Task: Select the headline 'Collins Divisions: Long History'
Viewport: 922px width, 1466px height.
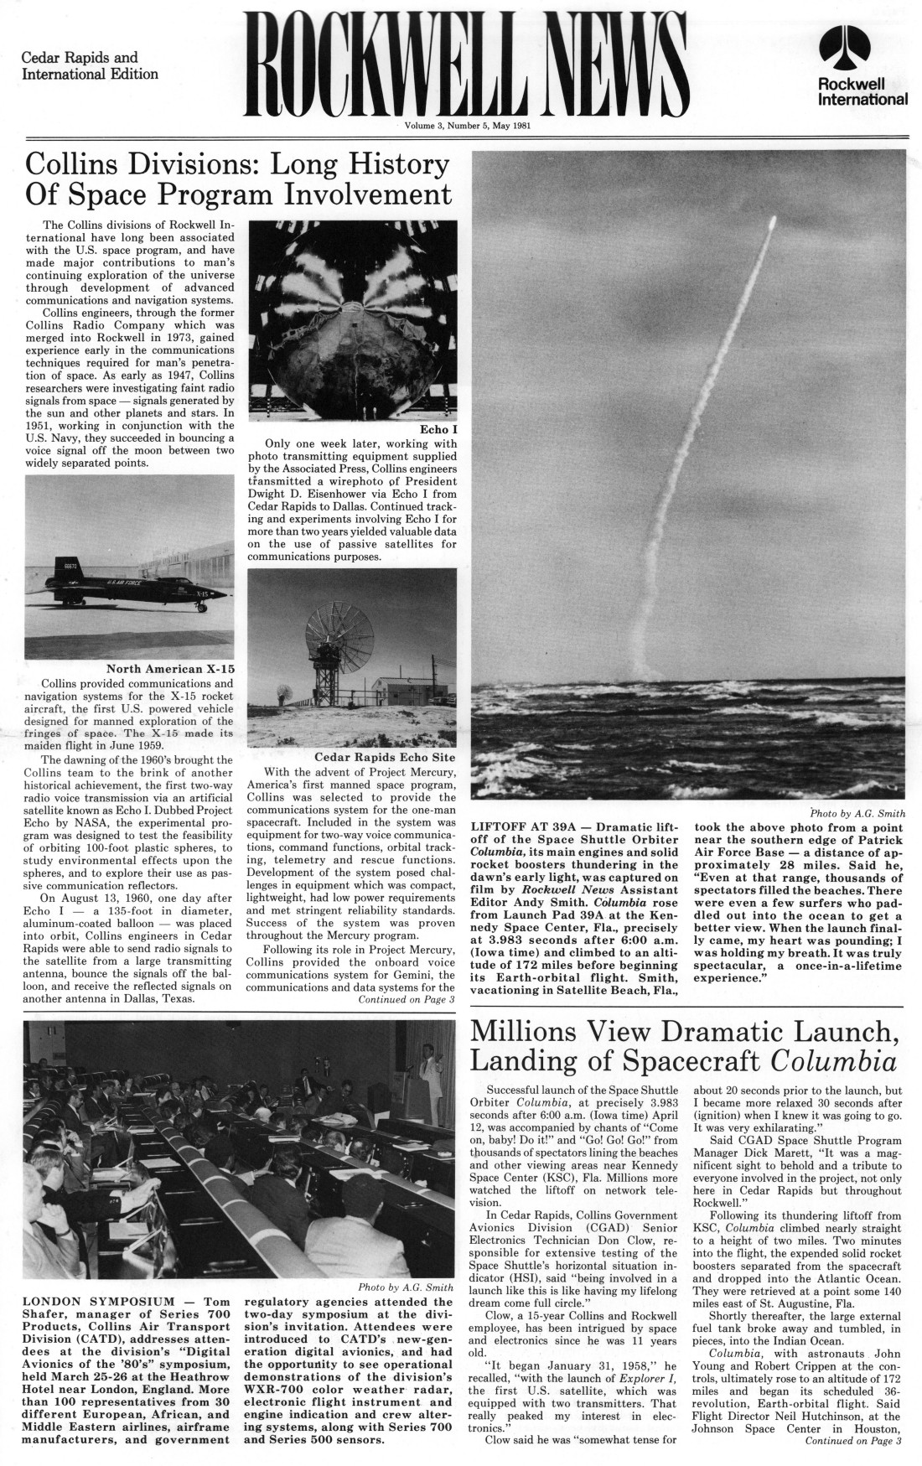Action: pyautogui.click(x=237, y=163)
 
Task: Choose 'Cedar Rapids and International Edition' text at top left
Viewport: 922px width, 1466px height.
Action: pyautogui.click(x=89, y=65)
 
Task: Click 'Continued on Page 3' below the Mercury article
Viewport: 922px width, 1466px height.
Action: pyautogui.click(x=406, y=999)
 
